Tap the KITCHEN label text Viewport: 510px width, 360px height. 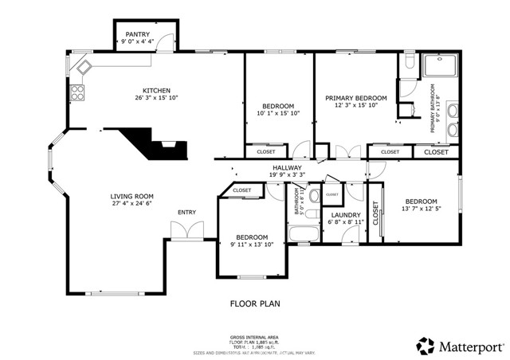point(156,90)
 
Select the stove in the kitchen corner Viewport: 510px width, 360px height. point(78,93)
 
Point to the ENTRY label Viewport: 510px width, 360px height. point(186,212)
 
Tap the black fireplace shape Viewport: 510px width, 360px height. point(151,143)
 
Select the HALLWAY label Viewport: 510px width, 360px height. point(286,167)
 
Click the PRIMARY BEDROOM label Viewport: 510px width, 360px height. point(355,98)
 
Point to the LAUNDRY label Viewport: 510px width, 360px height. point(346,215)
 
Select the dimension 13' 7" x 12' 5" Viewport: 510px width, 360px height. point(420,209)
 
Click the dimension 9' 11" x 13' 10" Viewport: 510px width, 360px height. point(251,245)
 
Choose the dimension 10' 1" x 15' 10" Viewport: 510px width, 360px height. point(278,114)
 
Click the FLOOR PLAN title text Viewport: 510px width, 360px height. point(256,303)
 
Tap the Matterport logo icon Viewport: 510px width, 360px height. point(426,346)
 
